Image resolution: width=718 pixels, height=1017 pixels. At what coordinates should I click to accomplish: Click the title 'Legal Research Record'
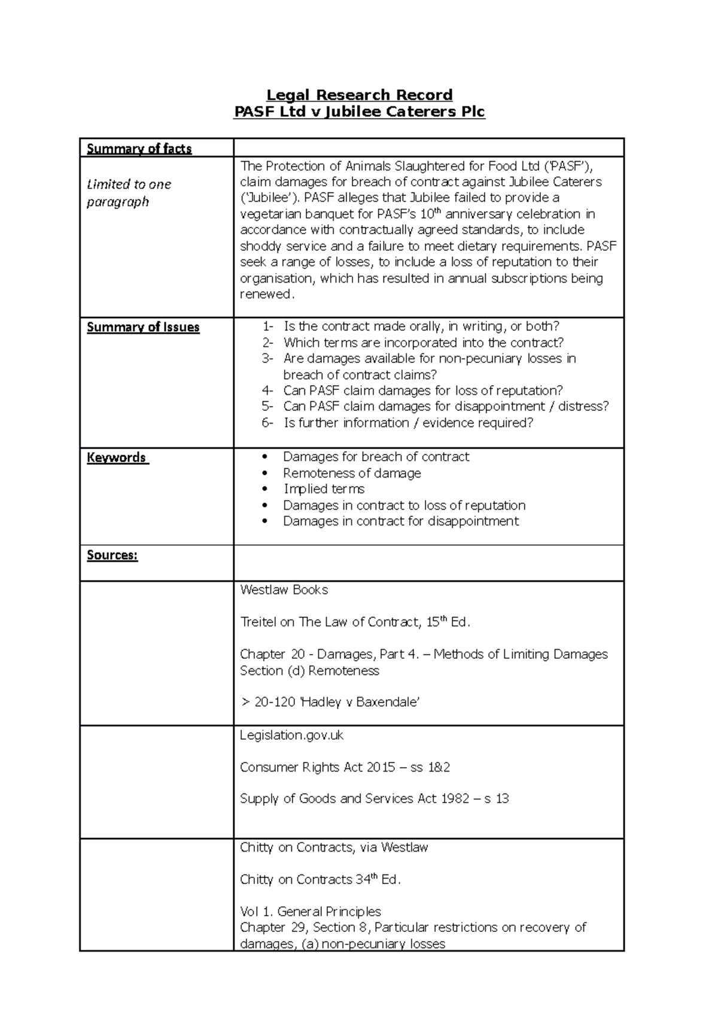click(x=359, y=95)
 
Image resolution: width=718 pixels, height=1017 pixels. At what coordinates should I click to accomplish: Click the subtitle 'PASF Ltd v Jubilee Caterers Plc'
click(x=359, y=111)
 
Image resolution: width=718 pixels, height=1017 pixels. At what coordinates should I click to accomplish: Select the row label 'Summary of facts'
click(x=139, y=149)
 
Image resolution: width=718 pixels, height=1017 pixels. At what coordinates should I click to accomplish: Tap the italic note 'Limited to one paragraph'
click(x=129, y=193)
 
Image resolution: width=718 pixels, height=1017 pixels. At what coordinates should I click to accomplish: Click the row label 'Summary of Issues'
click(x=143, y=327)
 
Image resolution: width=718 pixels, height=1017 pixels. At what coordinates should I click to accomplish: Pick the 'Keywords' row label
click(x=117, y=458)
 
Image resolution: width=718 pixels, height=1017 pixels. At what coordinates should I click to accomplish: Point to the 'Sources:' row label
click(x=112, y=555)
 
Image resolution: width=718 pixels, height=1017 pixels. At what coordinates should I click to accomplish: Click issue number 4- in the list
click(x=267, y=391)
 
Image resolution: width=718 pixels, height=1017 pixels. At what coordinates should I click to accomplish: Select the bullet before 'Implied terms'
click(x=265, y=489)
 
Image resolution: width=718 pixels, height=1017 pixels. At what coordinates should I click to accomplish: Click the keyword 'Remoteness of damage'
click(x=352, y=473)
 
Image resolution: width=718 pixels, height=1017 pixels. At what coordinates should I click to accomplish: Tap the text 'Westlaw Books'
click(x=284, y=590)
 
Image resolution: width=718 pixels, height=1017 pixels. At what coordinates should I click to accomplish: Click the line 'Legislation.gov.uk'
click(x=291, y=735)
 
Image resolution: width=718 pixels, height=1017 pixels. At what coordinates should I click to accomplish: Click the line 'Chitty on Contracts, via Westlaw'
click(x=334, y=847)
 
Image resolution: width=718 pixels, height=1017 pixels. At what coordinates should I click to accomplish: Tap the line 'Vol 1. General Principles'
click(x=310, y=912)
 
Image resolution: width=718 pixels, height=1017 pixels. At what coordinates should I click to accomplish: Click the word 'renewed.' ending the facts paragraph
click(x=267, y=294)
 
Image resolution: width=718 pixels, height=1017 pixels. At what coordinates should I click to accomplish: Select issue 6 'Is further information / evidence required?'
click(x=407, y=423)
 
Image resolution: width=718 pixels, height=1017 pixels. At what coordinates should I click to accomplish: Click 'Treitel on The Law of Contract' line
click(x=355, y=622)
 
